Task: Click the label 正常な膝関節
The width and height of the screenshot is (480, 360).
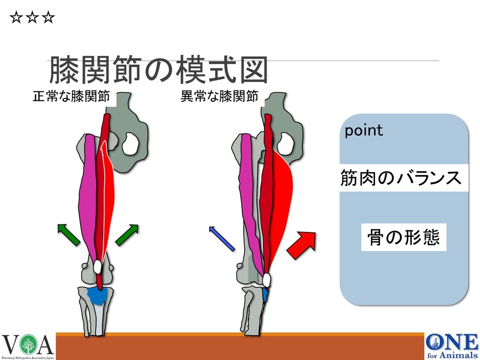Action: coord(71,97)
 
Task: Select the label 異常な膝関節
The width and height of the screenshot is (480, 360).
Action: coord(219,97)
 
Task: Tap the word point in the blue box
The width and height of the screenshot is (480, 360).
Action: coord(364,131)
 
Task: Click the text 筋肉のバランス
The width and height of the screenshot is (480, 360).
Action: coord(401,178)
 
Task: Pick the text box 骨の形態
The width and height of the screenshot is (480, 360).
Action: coord(404,237)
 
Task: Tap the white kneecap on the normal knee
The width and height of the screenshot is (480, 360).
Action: coord(97,267)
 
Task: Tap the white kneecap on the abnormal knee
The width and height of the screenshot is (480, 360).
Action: coord(266,280)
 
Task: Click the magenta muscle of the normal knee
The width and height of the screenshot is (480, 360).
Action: coord(88,197)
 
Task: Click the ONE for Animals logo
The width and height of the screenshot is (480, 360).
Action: coord(452,346)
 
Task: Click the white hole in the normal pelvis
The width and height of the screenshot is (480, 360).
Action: coord(129,144)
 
